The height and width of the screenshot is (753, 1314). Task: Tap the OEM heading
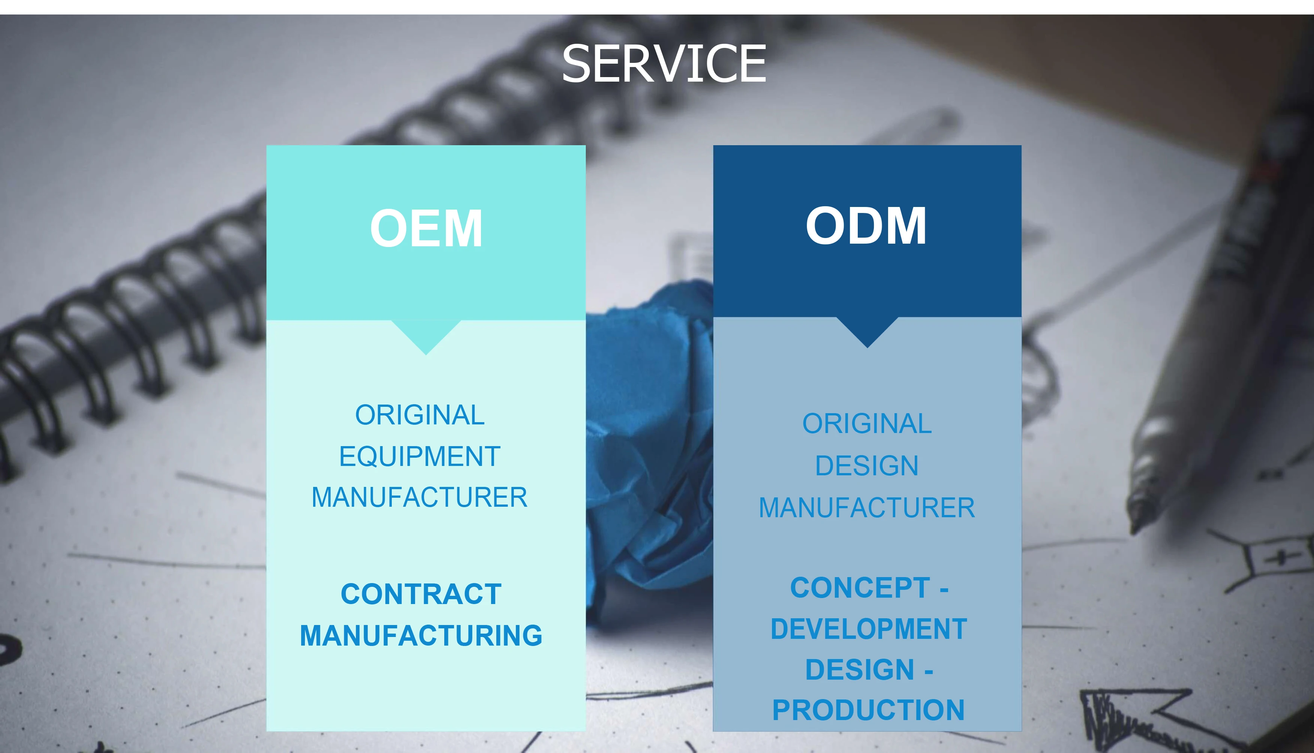[x=426, y=229]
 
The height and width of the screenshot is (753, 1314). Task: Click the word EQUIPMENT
[x=420, y=457]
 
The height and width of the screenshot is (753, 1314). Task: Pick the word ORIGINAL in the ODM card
[x=867, y=424]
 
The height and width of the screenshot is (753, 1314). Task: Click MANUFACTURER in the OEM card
[x=420, y=497]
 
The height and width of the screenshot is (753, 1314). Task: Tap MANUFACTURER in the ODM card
[x=867, y=508]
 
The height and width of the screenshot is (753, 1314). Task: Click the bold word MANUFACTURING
[x=421, y=635]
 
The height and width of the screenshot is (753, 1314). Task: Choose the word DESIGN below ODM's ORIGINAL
[x=867, y=466]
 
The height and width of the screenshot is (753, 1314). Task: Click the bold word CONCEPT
[x=860, y=588]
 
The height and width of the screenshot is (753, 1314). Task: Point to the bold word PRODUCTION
[x=868, y=710]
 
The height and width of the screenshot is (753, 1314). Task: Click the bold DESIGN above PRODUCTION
[x=860, y=670]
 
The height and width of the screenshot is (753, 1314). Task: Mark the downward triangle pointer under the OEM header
[x=426, y=335]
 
